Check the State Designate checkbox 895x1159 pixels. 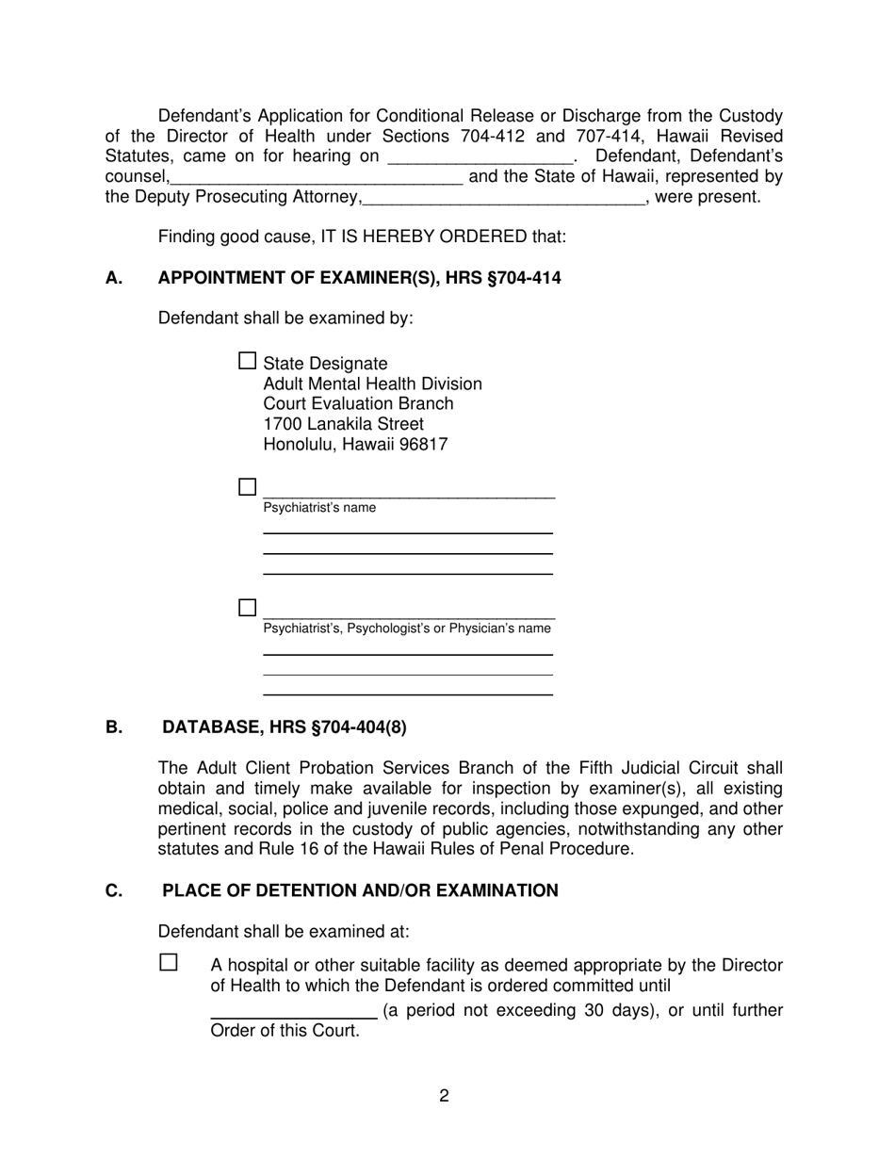247,361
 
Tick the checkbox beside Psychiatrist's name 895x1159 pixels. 247,487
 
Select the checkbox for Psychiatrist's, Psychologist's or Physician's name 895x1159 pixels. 247,608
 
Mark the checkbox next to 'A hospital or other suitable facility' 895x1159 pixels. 169,963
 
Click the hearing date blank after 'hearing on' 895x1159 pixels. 480,157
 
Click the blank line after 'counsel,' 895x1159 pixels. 317,177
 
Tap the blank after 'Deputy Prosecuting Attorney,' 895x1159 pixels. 503,198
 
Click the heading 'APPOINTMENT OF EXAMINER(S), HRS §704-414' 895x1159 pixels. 359,278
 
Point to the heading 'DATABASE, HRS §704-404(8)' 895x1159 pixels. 285,727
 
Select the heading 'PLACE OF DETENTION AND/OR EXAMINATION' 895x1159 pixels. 360,890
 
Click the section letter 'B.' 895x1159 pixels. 114,727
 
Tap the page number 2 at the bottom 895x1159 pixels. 444,1096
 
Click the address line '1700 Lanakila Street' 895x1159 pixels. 343,424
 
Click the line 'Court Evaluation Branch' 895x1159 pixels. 358,404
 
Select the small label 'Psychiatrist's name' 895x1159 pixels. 319,508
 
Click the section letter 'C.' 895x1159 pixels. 114,890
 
